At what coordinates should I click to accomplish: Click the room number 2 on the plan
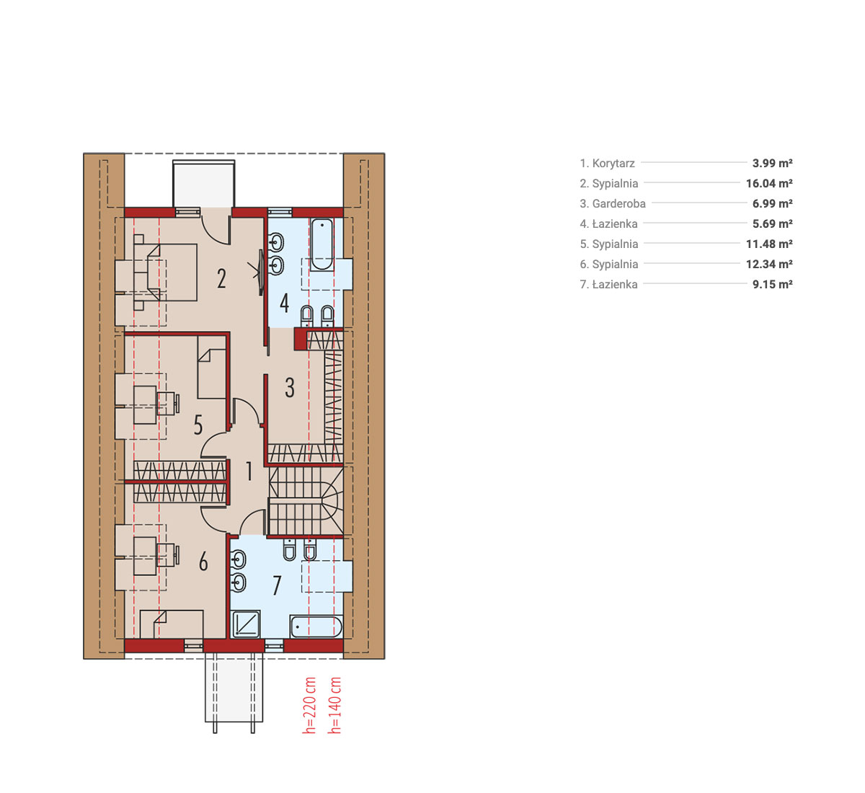point(221,279)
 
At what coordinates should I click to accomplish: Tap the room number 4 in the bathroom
point(284,303)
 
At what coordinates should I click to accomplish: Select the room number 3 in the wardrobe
point(290,387)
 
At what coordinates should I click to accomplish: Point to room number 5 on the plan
point(198,425)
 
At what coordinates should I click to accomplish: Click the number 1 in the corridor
point(249,471)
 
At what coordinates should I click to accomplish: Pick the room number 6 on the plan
point(203,562)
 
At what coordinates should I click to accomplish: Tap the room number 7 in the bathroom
point(277,585)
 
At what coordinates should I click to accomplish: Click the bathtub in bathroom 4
point(321,244)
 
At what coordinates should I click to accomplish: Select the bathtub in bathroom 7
point(316,626)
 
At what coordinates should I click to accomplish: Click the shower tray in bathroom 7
point(246,624)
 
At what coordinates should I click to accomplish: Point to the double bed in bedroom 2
point(165,273)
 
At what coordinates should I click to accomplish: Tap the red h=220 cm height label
point(309,706)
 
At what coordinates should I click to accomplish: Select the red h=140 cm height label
point(334,706)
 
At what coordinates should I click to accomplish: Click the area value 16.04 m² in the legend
point(769,183)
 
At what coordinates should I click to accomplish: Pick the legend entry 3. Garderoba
point(613,203)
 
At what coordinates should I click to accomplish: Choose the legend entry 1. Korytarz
point(607,164)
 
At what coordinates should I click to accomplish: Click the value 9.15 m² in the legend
point(772,284)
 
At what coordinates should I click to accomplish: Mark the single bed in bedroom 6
point(172,624)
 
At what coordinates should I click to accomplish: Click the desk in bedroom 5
point(145,404)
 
